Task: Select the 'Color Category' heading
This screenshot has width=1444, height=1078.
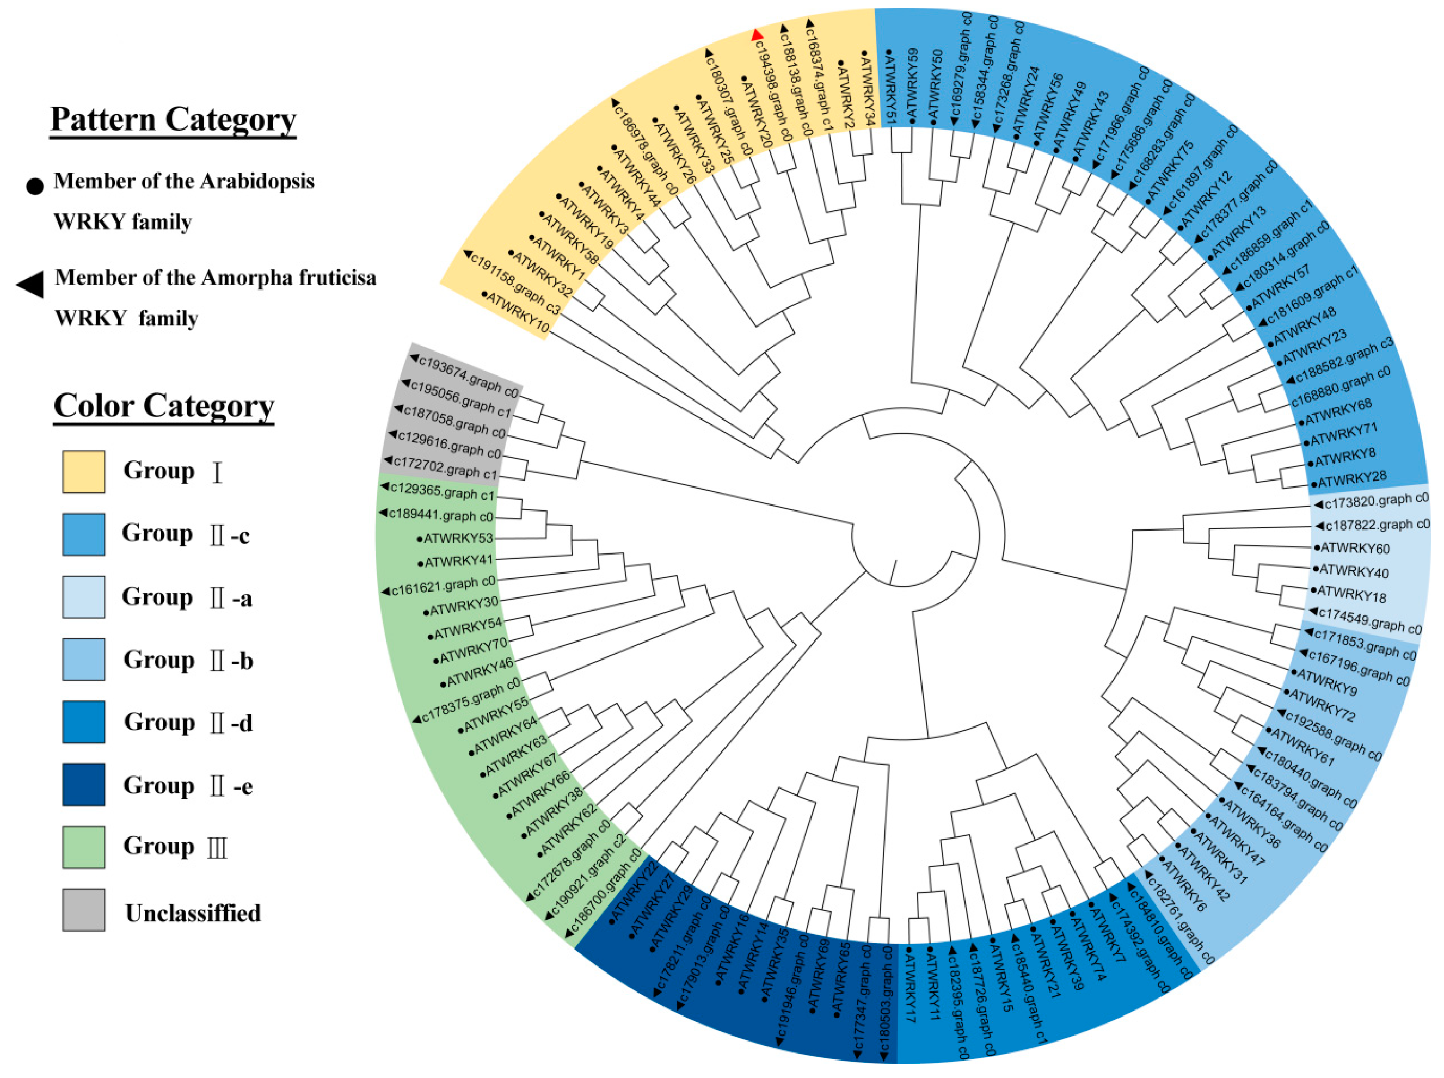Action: tap(164, 406)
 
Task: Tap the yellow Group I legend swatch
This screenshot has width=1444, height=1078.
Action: tap(83, 471)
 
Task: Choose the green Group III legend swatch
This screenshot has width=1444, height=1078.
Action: tap(83, 847)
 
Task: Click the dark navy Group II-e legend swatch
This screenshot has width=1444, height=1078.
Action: tap(83, 784)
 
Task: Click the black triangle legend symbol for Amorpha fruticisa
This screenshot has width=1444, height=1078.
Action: tap(30, 285)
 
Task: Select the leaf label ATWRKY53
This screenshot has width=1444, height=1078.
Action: tap(458, 538)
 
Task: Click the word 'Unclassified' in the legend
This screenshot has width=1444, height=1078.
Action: tap(193, 913)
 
